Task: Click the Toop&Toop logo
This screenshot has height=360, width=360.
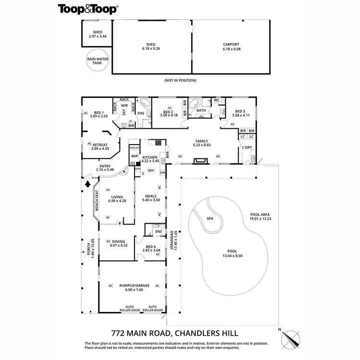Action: point(89,9)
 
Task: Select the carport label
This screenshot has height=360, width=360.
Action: point(231,47)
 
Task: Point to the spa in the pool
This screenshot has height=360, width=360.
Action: point(210,218)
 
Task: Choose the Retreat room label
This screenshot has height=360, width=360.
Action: point(100,146)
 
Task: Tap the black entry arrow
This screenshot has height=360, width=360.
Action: point(87,183)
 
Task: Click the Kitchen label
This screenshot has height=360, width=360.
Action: point(150,157)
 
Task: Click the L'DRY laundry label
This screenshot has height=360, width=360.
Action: point(247,147)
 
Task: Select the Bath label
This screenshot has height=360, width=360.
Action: point(201,110)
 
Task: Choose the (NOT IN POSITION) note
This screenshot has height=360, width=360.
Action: point(180,80)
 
